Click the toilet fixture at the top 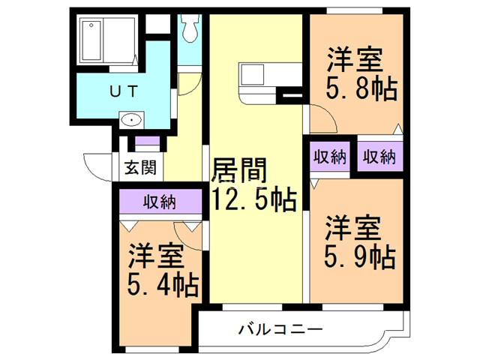tap(189, 31)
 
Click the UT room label tap(124, 91)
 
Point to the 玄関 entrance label tap(140, 167)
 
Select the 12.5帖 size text tap(253, 200)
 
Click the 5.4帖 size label tap(162, 286)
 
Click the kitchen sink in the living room tap(251, 76)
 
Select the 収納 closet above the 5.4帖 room tap(160, 201)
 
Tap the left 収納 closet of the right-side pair tap(329, 157)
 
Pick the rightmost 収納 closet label tap(379, 157)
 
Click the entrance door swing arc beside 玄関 tap(97, 166)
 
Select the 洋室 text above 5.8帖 tap(355, 58)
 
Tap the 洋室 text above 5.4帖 tap(155, 256)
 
